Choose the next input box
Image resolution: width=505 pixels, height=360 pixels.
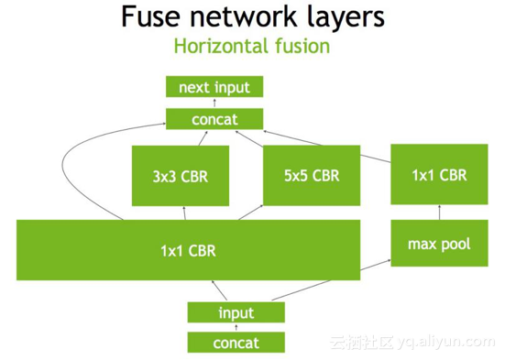(x=214, y=87)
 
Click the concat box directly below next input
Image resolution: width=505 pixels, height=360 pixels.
(x=214, y=119)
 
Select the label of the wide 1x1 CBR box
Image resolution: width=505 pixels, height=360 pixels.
(x=188, y=249)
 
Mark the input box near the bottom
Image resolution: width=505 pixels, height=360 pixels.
(x=236, y=312)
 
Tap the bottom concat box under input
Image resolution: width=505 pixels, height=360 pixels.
(x=236, y=344)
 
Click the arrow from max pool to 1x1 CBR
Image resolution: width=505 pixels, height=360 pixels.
(x=437, y=212)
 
